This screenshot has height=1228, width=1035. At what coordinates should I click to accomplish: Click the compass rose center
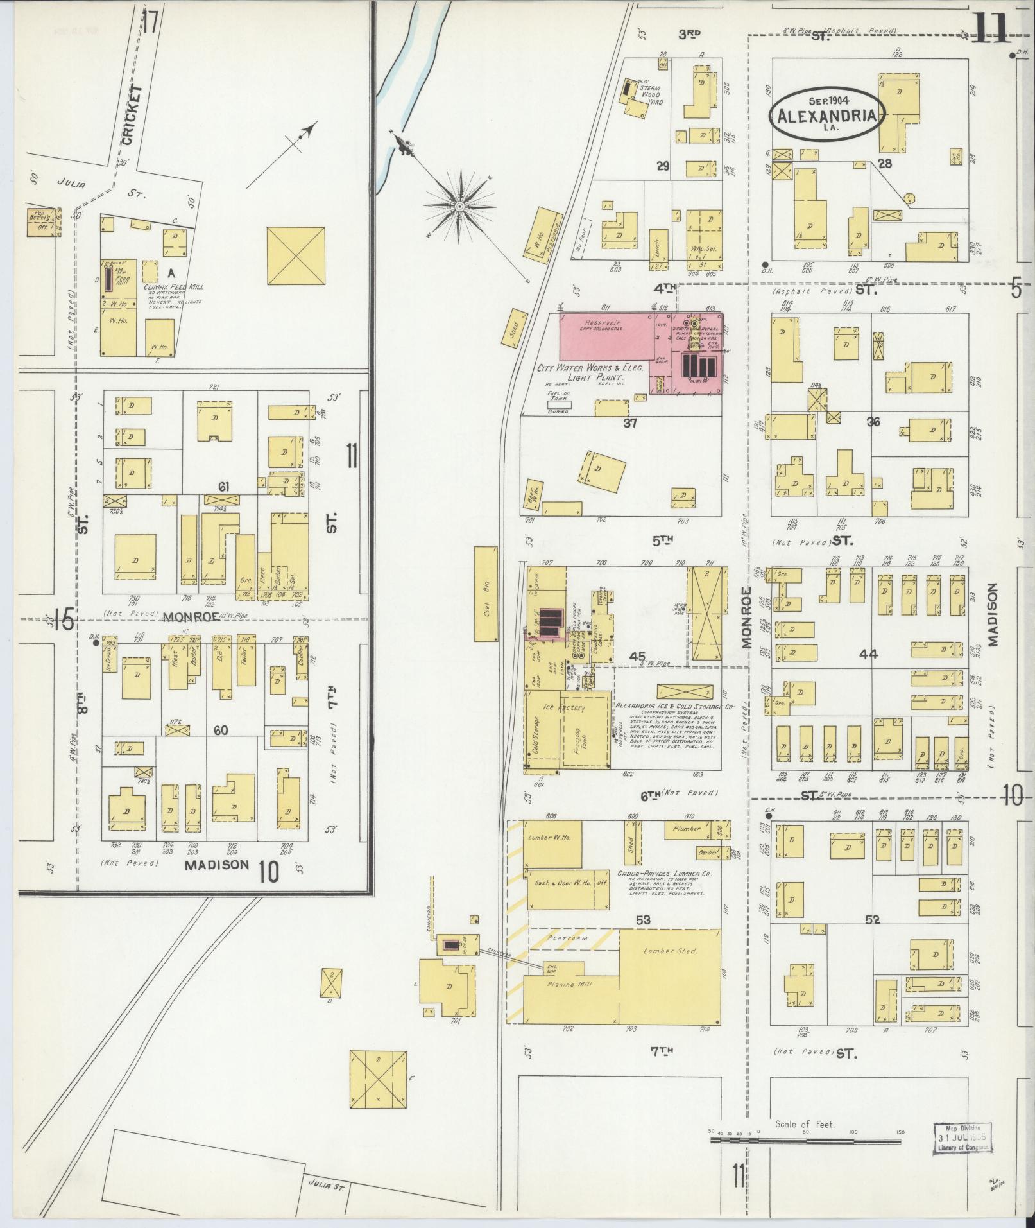[x=459, y=206]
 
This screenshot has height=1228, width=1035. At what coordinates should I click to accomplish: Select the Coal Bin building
[x=486, y=594]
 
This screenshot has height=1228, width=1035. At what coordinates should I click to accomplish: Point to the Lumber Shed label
[x=671, y=951]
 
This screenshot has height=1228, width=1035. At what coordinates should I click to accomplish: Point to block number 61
[x=223, y=486]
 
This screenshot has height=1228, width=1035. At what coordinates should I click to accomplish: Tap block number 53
[x=643, y=920]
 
